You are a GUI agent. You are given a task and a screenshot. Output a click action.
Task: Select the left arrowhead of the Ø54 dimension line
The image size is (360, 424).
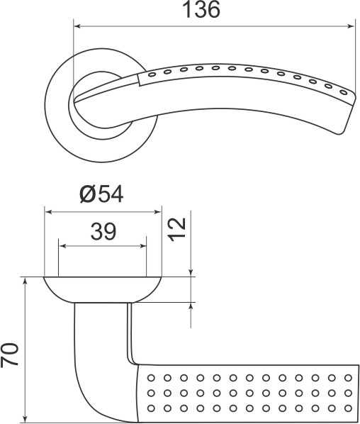[49, 211]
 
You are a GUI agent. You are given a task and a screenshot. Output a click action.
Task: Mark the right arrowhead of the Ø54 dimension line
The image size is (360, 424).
[157, 211]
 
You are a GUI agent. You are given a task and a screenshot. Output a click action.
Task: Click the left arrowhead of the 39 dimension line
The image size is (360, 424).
[63, 247]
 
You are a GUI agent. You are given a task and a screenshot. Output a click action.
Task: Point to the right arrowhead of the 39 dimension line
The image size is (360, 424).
[144, 247]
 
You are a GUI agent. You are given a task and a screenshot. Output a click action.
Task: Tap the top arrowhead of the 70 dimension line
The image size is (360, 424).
[26, 282]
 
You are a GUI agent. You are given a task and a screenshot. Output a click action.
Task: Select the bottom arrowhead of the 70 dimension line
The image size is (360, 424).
[26, 416]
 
